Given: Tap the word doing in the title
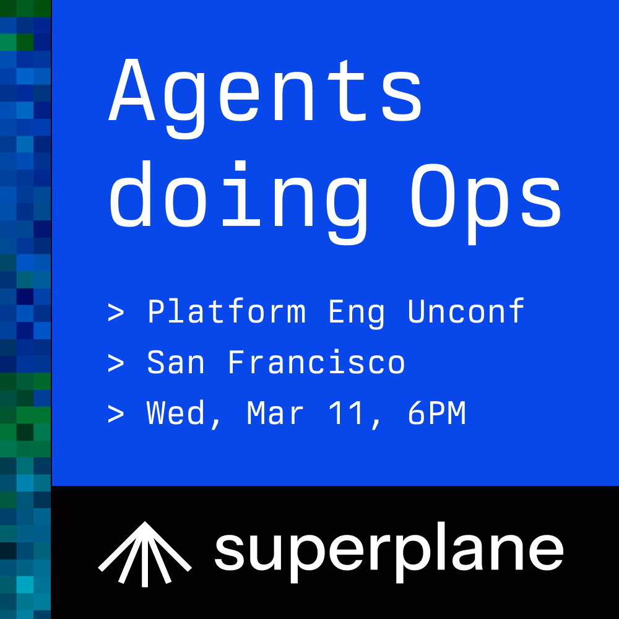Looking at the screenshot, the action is point(239,202).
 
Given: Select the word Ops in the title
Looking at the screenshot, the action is point(486,202).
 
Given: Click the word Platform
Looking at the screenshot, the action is point(227,311).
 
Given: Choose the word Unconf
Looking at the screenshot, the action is point(466,311).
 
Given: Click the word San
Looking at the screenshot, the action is point(176,362).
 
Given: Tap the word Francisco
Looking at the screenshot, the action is point(317,362).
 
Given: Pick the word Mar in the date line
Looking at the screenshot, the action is point(275,413).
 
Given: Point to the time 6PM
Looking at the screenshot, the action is point(436,413).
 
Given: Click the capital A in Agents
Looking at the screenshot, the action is point(131,89).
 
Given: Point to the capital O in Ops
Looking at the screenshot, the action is point(434,195).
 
